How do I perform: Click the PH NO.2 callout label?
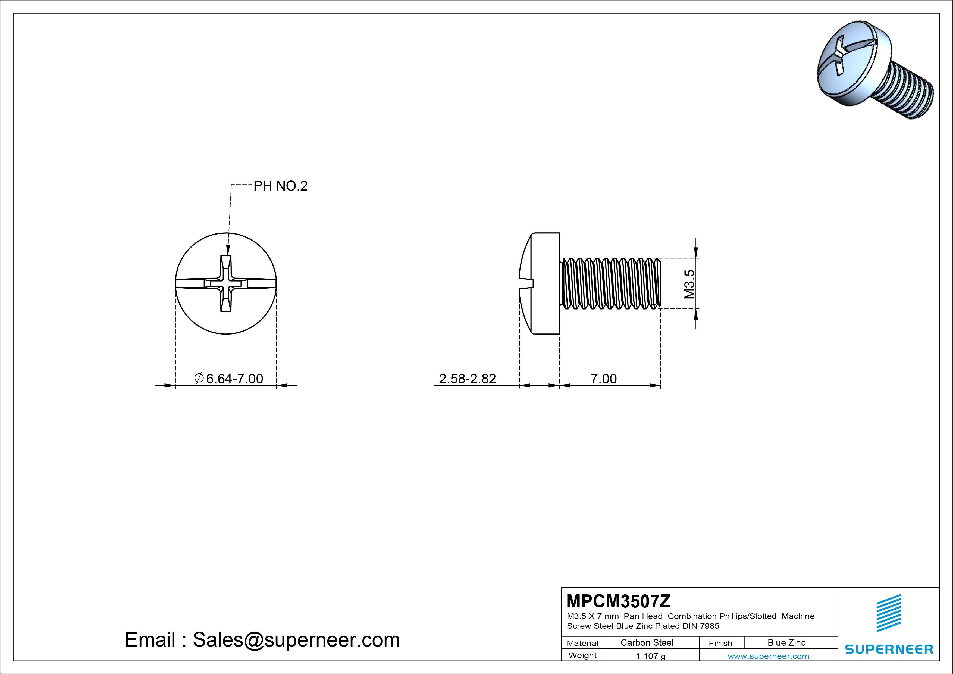click(281, 186)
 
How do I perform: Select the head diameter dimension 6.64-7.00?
click(234, 379)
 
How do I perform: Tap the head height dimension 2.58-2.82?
click(467, 379)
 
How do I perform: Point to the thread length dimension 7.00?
click(604, 379)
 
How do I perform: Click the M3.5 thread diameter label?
click(689, 284)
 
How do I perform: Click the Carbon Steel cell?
click(647, 642)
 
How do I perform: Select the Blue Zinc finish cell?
click(786, 642)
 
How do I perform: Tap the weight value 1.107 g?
click(650, 656)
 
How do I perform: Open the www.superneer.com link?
click(768, 656)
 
